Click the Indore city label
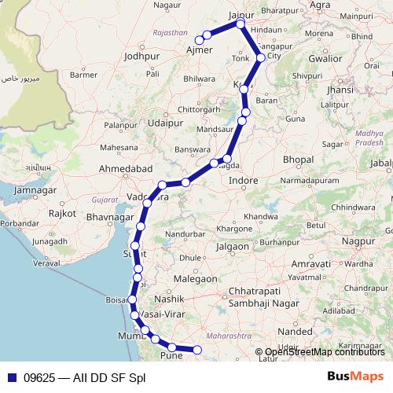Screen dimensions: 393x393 244,181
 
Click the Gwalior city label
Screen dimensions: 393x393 325,58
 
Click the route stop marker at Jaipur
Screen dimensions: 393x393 241,24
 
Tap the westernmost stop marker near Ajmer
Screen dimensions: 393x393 200,39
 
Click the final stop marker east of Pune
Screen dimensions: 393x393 197,350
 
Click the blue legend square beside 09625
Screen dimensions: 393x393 13,376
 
